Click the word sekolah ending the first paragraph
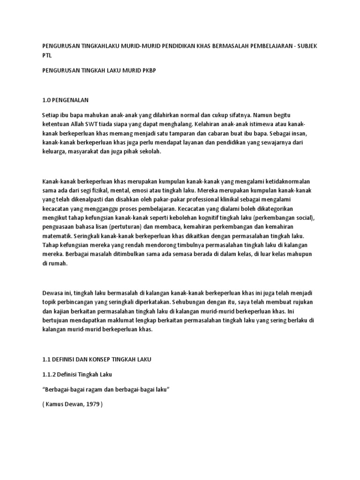[x=149, y=151]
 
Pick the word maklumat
[x=122, y=321]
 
